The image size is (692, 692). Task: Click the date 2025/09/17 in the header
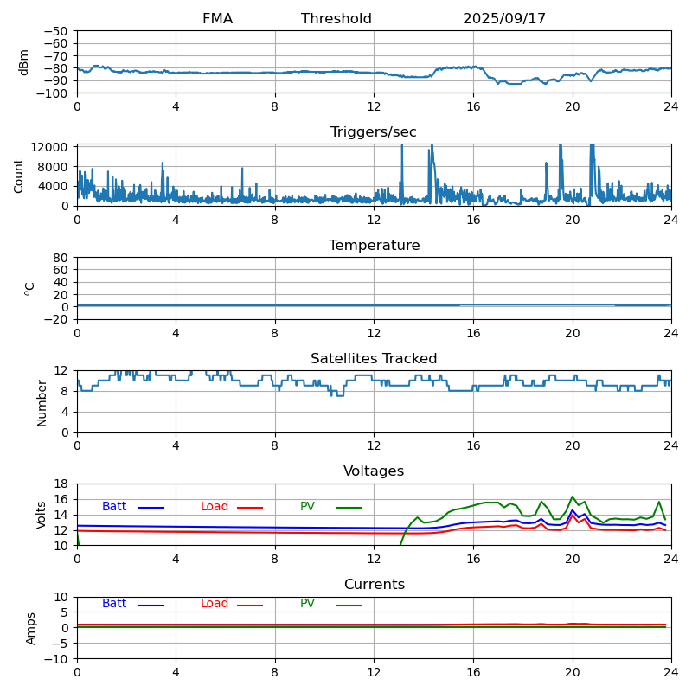(x=504, y=19)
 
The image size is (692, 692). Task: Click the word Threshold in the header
(x=336, y=19)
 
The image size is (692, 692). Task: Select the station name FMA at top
(x=217, y=19)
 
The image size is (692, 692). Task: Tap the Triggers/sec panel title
(x=374, y=132)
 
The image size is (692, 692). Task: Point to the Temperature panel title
(x=374, y=246)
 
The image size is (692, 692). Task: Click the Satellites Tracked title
(x=374, y=359)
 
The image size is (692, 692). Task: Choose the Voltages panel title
(x=374, y=471)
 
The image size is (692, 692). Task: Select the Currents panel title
(x=374, y=585)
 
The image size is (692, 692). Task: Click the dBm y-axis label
(x=24, y=61)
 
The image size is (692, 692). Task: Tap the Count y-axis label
(x=19, y=175)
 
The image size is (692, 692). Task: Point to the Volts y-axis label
(x=42, y=515)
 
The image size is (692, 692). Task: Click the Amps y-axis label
(x=31, y=628)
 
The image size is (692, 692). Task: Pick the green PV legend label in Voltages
(x=307, y=507)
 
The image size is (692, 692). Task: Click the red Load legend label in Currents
(x=215, y=604)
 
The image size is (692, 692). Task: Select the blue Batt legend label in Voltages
(x=114, y=507)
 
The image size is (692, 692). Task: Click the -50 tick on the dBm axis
(x=57, y=31)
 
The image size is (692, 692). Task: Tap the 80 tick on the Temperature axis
(x=61, y=258)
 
